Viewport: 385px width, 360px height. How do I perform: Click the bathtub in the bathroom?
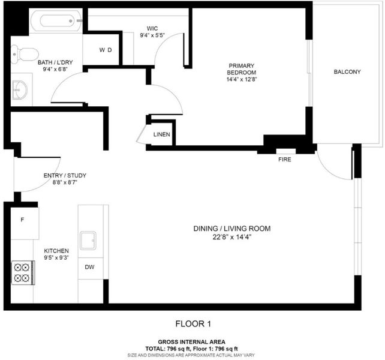click(x=56, y=21)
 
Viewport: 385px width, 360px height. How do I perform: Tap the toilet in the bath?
click(x=25, y=55)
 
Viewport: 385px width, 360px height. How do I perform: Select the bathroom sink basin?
click(x=20, y=90)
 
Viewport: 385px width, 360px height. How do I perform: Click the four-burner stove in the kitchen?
click(x=23, y=273)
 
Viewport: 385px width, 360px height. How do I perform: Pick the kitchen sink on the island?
click(x=88, y=241)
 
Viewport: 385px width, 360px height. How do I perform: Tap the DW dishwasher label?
click(x=89, y=267)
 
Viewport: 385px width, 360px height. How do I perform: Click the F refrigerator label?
click(x=22, y=220)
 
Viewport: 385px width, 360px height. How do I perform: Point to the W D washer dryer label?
click(x=106, y=50)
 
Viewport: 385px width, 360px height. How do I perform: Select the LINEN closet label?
click(x=161, y=134)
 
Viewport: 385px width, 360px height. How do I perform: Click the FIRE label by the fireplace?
click(x=285, y=160)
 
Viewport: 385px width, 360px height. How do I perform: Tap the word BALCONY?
click(x=347, y=72)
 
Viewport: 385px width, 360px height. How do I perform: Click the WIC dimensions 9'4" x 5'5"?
click(x=152, y=35)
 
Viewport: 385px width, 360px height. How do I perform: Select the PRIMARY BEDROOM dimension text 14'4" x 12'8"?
click(x=242, y=79)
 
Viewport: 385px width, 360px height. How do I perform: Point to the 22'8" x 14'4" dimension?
click(x=232, y=237)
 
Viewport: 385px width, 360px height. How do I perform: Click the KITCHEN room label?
click(x=56, y=251)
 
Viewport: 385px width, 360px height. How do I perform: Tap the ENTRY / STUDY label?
click(x=65, y=175)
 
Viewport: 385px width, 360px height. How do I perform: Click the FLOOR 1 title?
click(x=193, y=324)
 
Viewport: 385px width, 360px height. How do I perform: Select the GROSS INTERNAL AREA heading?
click(x=191, y=342)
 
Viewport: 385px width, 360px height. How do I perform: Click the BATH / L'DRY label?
click(x=55, y=62)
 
